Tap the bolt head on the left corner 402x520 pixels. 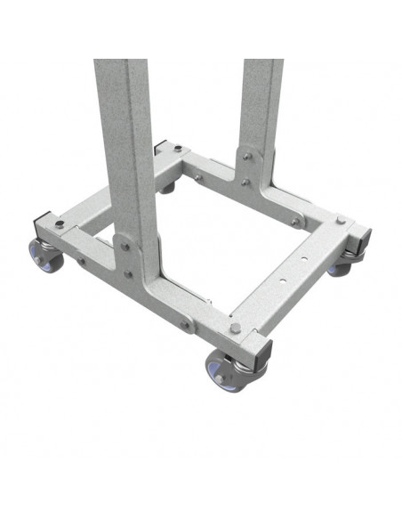[x=59, y=223]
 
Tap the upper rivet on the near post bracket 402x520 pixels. [x=126, y=247]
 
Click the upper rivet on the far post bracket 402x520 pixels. [x=247, y=156]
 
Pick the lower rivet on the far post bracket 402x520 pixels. [x=245, y=183]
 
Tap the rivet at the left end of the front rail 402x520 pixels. [x=83, y=262]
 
